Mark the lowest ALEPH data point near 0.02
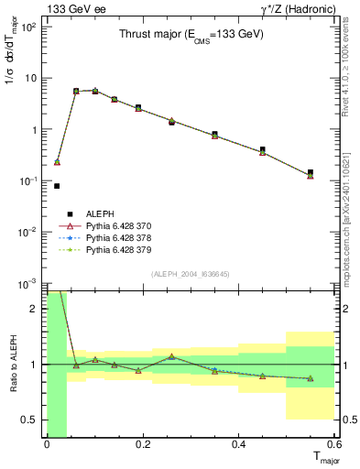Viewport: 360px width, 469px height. coord(57,186)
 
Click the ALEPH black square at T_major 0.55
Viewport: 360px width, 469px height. coord(311,172)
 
